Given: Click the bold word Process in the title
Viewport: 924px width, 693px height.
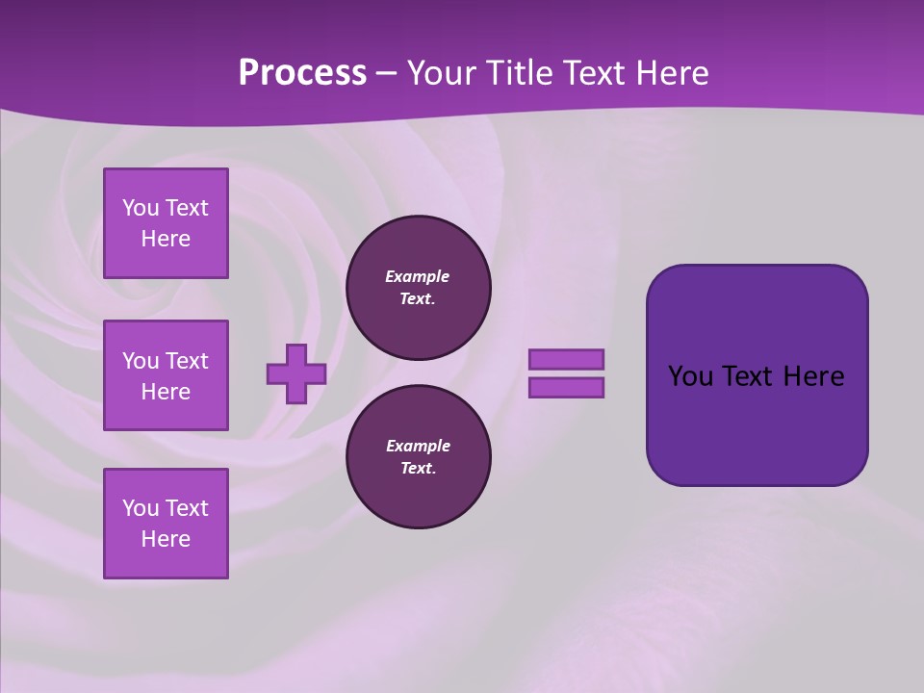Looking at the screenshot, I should [x=302, y=73].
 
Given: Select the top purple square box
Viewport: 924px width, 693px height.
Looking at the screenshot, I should [x=166, y=223].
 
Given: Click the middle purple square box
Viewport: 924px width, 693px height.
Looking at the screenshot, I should [x=166, y=375].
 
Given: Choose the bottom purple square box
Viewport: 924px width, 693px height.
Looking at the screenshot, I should [x=166, y=524].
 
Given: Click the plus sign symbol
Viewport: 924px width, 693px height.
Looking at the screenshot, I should [x=295, y=374].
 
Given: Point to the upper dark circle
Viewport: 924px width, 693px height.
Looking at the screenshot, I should [x=418, y=288].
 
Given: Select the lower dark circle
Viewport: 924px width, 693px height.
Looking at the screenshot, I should [x=418, y=457].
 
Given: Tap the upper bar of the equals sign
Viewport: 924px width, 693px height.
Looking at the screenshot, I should [x=566, y=360].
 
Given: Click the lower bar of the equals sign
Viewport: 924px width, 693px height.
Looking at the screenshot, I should [x=566, y=388].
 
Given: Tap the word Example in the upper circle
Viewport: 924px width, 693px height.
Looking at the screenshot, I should [x=418, y=276].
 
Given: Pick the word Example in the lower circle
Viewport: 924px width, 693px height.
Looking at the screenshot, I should [x=418, y=446].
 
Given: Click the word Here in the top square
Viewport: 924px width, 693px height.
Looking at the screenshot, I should [x=166, y=239].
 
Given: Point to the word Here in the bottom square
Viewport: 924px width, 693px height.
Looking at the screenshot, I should [x=166, y=539].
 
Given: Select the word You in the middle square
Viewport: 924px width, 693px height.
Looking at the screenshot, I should [x=141, y=361].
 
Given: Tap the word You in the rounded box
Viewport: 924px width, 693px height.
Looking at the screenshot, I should [x=690, y=376].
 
